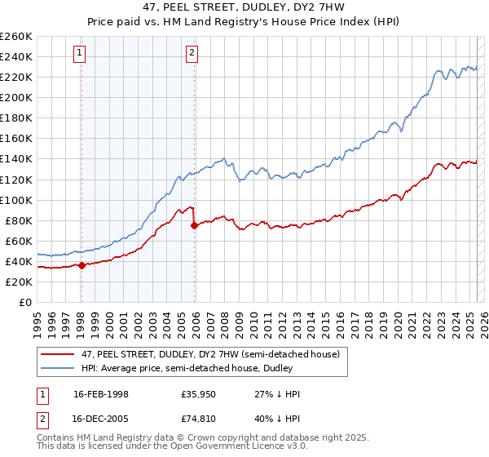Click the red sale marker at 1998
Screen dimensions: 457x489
click(x=81, y=264)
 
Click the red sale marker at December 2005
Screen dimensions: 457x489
click(x=194, y=225)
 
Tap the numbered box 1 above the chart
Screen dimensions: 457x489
click(x=80, y=55)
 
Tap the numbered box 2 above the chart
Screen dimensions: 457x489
click(x=192, y=55)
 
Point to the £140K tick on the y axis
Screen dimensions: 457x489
click(x=16, y=159)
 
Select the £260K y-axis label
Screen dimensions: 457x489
click(x=16, y=37)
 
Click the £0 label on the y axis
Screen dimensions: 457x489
click(x=25, y=302)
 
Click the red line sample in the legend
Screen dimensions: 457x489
click(x=58, y=353)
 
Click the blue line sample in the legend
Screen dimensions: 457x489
click(x=58, y=369)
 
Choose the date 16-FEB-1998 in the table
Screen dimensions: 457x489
click(x=102, y=394)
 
